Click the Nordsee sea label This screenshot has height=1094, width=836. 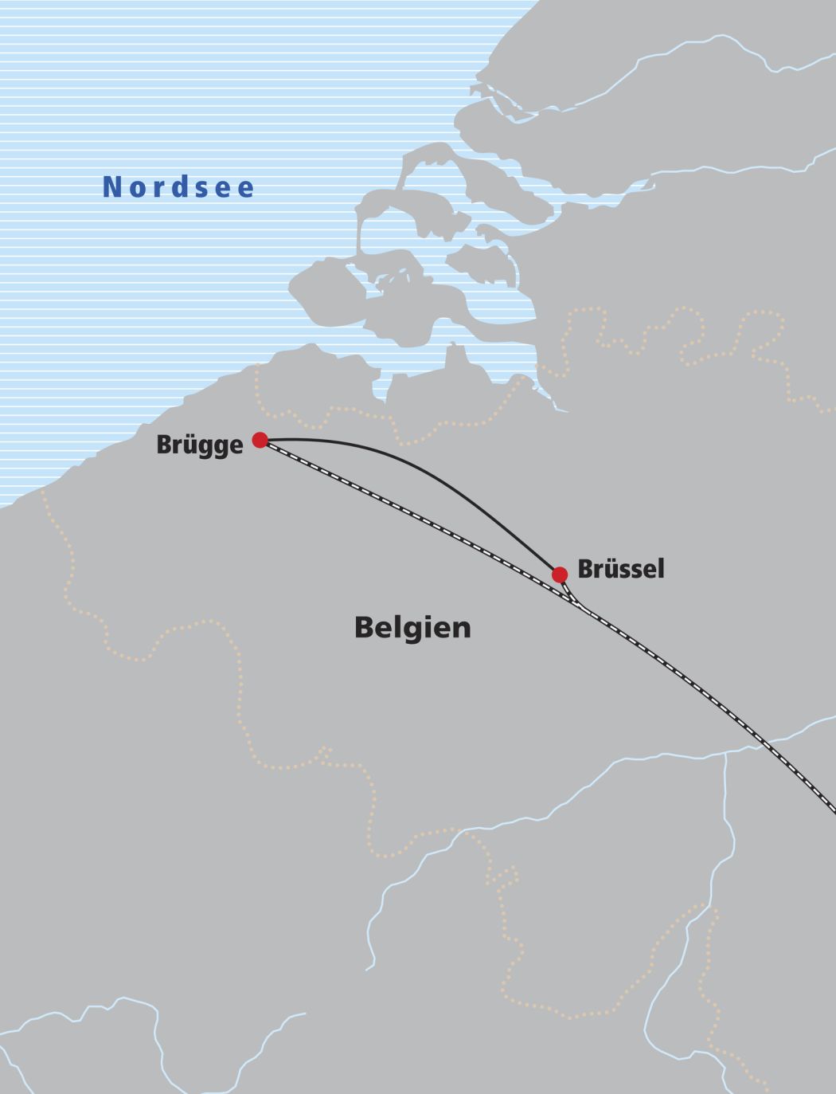[179, 187]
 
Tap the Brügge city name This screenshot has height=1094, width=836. [200, 445]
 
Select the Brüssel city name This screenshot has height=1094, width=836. [620, 570]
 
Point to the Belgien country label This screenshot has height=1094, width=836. [412, 628]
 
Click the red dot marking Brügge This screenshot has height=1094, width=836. [260, 440]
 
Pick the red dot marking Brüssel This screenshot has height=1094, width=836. [560, 574]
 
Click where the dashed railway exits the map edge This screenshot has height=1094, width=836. [831, 808]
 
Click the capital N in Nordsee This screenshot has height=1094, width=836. [112, 187]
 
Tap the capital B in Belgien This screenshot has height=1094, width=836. [363, 628]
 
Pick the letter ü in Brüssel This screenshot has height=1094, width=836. [607, 569]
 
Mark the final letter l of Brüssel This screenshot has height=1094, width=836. [660, 569]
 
